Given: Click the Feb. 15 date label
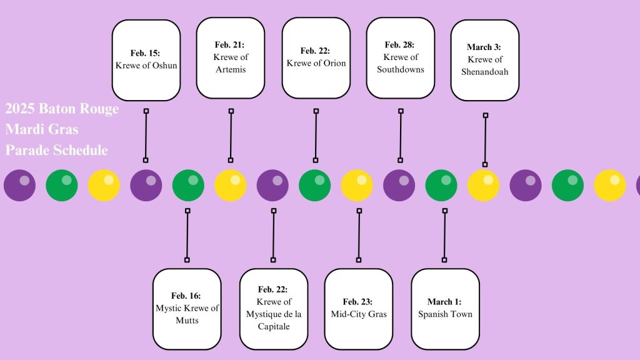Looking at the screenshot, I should pyautogui.click(x=146, y=53).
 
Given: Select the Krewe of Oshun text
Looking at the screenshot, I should pyautogui.click(x=146, y=65).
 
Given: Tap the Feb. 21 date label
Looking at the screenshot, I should pyautogui.click(x=230, y=45).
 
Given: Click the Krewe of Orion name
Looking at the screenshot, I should pyautogui.click(x=316, y=63).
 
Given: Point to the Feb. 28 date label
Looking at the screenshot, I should pyautogui.click(x=400, y=45).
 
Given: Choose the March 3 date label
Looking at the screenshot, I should pyautogui.click(x=484, y=47).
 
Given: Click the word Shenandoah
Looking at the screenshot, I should pyautogui.click(x=484, y=72).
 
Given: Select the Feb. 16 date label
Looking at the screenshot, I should pyautogui.click(x=186, y=296).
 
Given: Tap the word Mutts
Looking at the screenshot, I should pyautogui.click(x=186, y=321).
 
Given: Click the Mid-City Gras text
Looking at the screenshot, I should pyautogui.click(x=358, y=314).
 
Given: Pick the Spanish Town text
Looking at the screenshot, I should pyautogui.click(x=445, y=314).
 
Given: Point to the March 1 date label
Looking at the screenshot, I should pyautogui.click(x=444, y=302).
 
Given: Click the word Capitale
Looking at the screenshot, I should pyautogui.click(x=273, y=326).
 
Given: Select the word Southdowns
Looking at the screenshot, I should pyautogui.click(x=400, y=69).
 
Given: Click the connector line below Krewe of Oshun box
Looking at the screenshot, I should pyautogui.click(x=146, y=136).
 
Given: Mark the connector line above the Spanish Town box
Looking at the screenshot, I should pyautogui.click(x=444, y=235).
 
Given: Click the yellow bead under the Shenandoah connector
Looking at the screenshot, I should pyautogui.click(x=484, y=186).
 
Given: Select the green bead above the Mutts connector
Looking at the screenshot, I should pyautogui.click(x=188, y=186).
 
